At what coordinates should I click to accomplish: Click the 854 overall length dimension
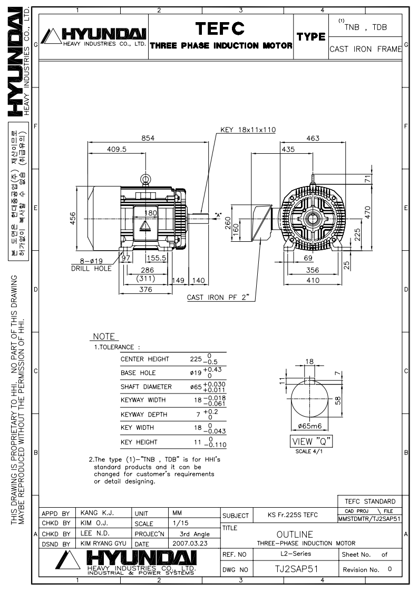(x=148, y=138)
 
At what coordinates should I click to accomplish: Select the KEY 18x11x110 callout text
(x=248, y=130)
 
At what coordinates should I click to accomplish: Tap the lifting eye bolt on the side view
(x=145, y=180)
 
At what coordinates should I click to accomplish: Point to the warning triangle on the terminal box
(x=145, y=226)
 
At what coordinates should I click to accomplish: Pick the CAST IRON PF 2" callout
(x=218, y=298)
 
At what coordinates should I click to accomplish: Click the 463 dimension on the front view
(x=313, y=138)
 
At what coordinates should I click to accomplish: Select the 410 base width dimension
(x=313, y=280)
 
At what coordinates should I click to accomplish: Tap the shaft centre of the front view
(x=313, y=218)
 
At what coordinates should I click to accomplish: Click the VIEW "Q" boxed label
(x=312, y=441)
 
